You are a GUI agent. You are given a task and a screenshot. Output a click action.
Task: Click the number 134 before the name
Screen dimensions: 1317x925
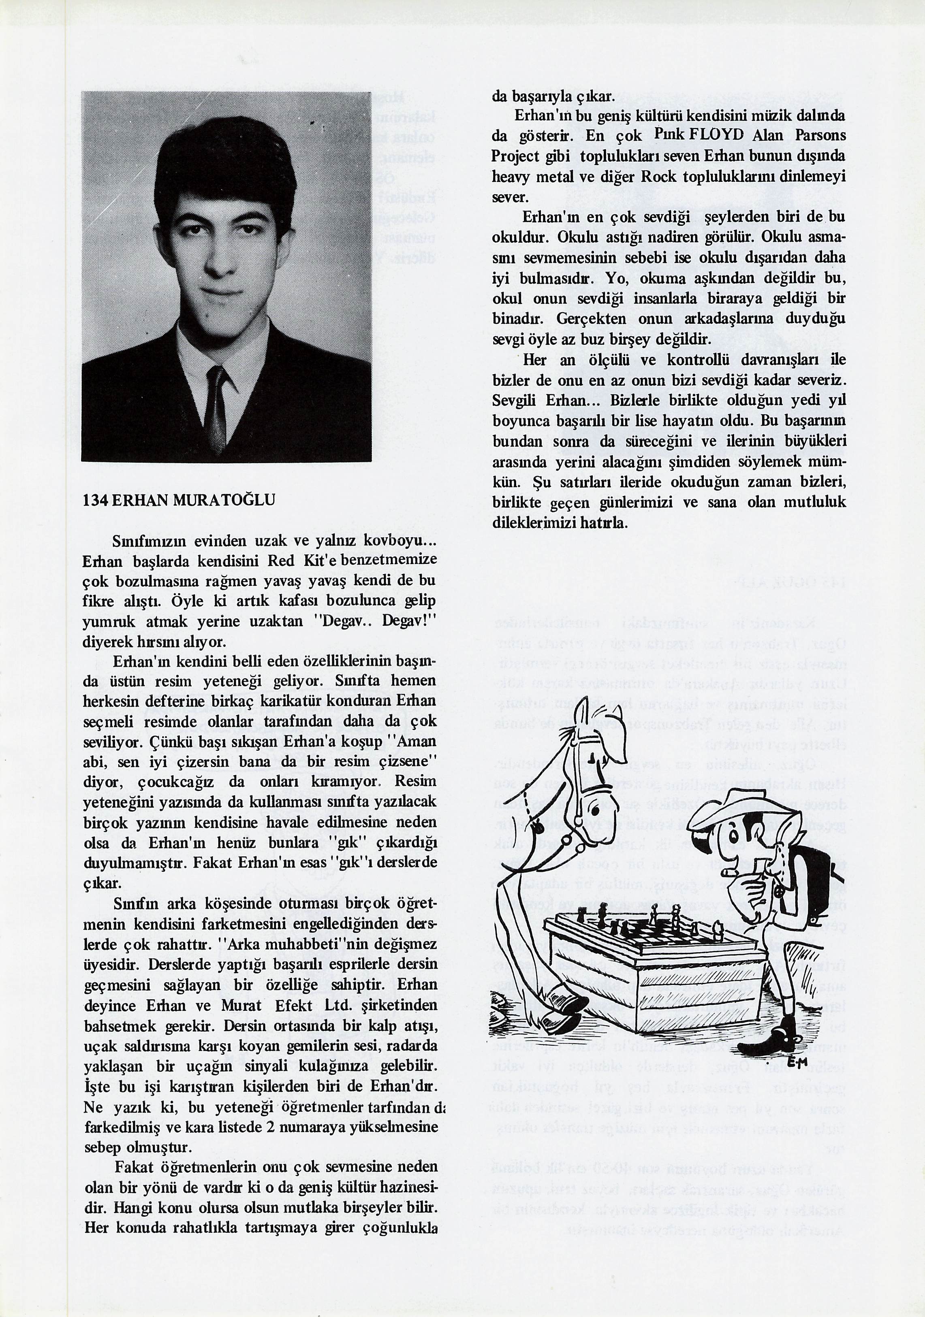click(x=95, y=500)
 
